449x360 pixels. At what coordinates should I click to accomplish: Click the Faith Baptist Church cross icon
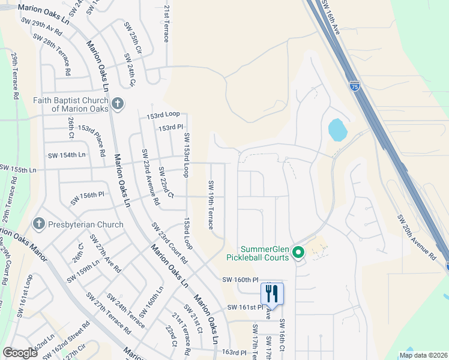(117, 104)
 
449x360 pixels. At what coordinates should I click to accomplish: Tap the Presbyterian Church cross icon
(40, 224)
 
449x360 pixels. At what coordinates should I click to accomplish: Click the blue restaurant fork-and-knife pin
(272, 294)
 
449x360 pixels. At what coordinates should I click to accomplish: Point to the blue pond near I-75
(337, 130)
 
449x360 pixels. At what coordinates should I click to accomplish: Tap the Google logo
(20, 353)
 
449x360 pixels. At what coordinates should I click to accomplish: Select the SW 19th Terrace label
(211, 205)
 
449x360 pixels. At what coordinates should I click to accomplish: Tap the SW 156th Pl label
(87, 198)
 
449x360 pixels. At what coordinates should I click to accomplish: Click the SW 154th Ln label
(67, 155)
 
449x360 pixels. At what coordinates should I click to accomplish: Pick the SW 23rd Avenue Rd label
(150, 178)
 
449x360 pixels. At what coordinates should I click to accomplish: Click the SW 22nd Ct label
(166, 183)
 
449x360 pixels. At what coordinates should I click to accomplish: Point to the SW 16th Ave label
(331, 17)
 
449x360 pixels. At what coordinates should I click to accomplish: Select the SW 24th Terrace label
(124, 310)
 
